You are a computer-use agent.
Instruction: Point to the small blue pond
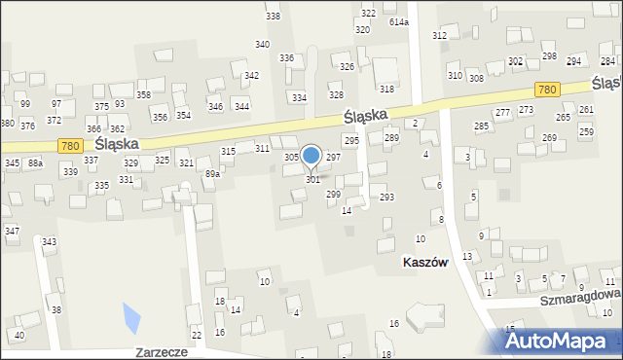click(x=130, y=316)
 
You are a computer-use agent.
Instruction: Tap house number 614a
click(x=399, y=21)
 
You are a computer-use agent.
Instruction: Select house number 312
click(x=440, y=35)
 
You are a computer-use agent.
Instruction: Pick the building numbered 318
click(x=386, y=89)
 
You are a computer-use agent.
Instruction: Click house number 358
click(x=143, y=94)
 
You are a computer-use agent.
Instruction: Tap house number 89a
click(x=211, y=174)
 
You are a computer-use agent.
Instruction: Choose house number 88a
click(x=35, y=162)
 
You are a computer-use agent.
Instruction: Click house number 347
click(x=12, y=231)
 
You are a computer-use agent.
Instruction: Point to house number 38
click(x=56, y=310)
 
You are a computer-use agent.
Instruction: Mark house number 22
click(x=197, y=335)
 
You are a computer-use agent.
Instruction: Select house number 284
click(x=606, y=61)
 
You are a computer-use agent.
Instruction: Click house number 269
click(x=549, y=137)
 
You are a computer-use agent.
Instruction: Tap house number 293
click(x=386, y=197)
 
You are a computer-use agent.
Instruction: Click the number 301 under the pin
click(x=312, y=180)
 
